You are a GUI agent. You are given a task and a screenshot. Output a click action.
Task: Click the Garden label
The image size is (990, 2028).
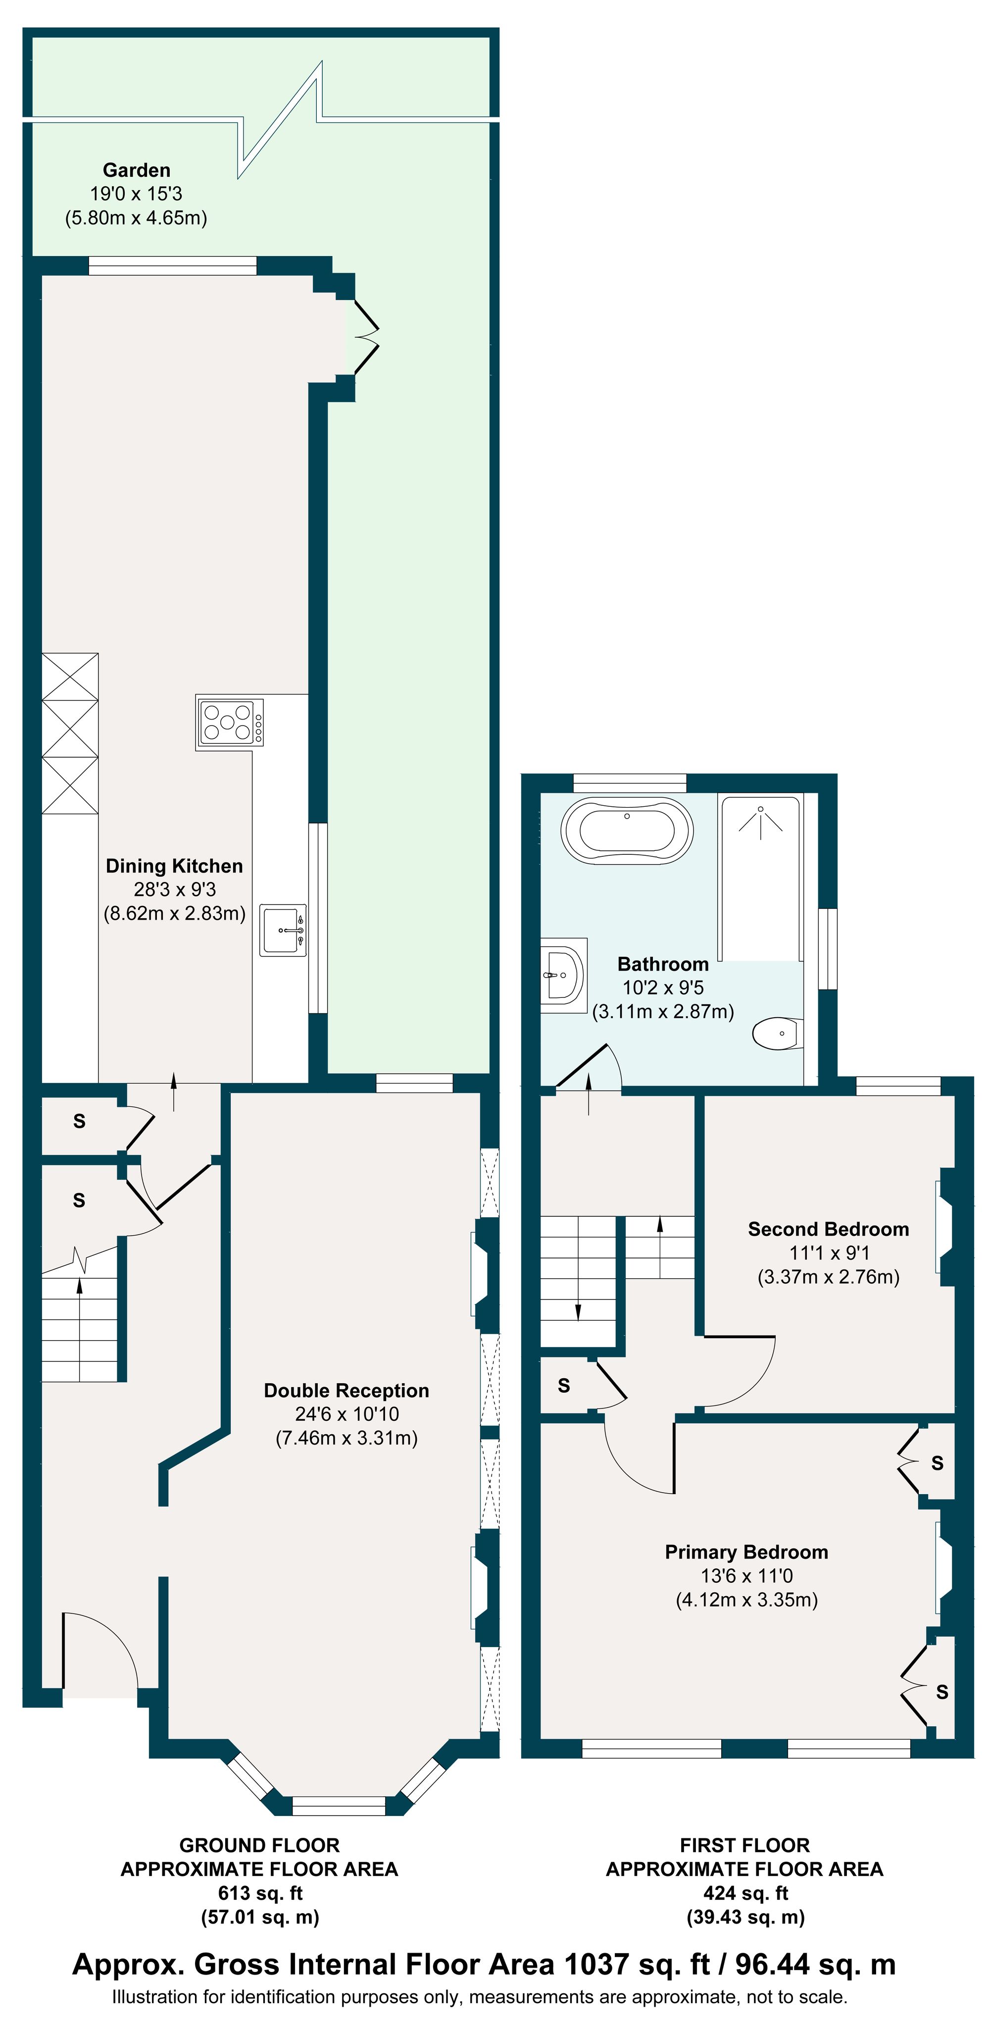136,170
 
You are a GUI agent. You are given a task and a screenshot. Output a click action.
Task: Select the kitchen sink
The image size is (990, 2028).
283,930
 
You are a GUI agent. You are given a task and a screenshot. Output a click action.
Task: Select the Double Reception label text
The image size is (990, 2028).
346,1390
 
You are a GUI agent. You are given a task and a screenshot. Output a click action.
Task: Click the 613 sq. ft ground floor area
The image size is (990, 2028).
260,1893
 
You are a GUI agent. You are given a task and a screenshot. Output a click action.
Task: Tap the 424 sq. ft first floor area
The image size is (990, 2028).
745,1893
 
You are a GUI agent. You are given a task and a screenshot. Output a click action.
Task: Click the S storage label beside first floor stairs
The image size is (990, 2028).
563,1386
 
